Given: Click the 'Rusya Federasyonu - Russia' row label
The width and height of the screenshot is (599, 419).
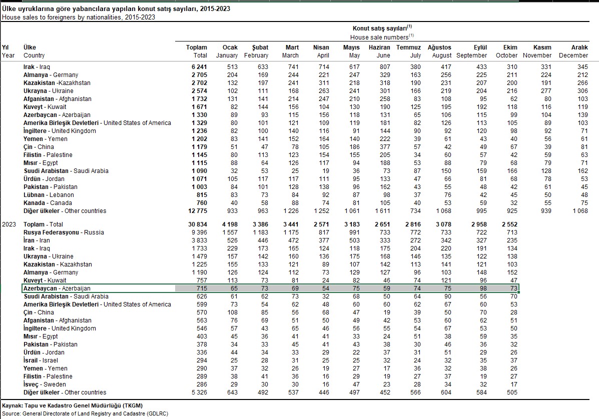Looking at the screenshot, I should [64, 232].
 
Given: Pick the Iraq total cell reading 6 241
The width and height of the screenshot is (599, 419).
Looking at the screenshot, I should [198, 67].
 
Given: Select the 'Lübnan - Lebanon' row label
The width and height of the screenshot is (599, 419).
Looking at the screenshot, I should [49, 195].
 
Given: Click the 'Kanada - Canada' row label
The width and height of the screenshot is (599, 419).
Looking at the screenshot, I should [48, 203].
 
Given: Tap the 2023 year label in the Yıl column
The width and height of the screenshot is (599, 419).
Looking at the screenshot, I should [9, 224].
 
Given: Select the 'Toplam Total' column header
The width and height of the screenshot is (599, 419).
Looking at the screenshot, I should [197, 51].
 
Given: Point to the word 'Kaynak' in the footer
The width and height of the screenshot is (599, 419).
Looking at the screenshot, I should [13, 405].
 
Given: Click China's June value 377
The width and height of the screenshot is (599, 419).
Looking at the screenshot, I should [384, 147].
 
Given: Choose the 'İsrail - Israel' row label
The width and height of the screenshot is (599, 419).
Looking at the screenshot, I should [41, 360].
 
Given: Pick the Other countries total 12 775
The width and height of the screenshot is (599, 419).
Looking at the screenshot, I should [196, 211].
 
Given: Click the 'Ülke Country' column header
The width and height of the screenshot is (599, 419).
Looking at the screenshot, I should [34, 51].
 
